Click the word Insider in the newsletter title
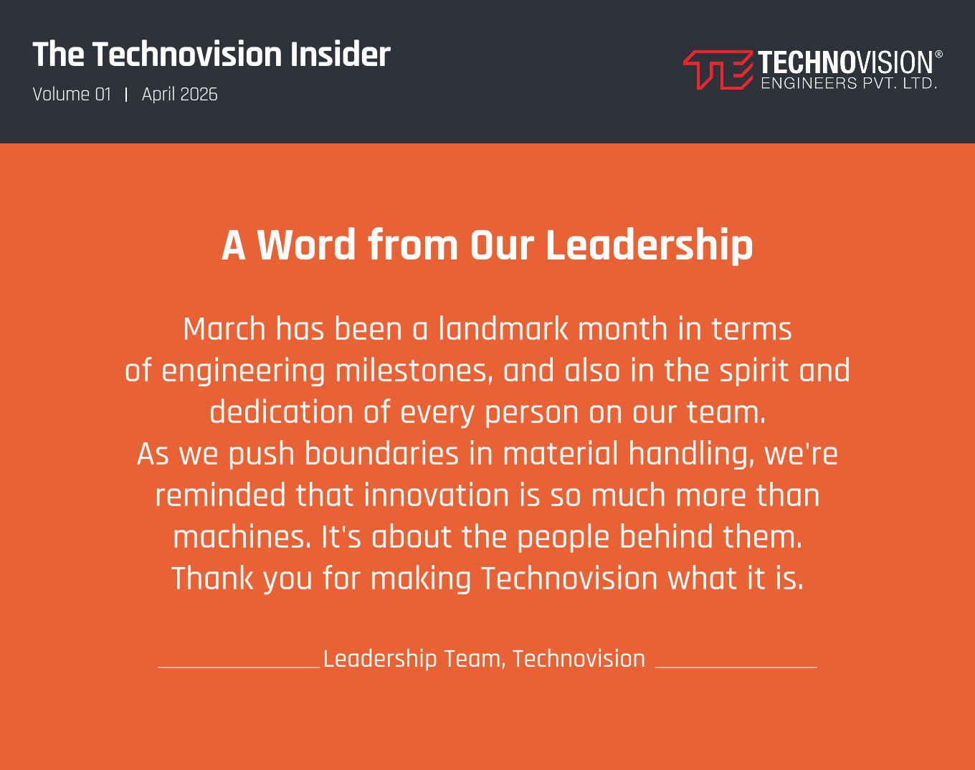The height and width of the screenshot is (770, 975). pyautogui.click(x=341, y=54)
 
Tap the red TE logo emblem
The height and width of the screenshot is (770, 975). pyautogui.click(x=718, y=70)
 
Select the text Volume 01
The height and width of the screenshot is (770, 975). pyautogui.click(x=72, y=94)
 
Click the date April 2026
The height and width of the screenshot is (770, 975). pyautogui.click(x=179, y=94)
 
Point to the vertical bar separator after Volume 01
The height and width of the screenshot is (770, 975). pyautogui.click(x=126, y=95)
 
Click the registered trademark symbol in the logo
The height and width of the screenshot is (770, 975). pyautogui.click(x=938, y=54)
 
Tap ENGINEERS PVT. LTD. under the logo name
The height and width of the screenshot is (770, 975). pyautogui.click(x=849, y=83)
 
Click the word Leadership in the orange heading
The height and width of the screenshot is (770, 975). pyautogui.click(x=650, y=246)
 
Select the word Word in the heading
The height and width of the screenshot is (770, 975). pyautogui.click(x=306, y=245)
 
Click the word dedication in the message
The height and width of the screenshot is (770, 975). pyautogui.click(x=281, y=412)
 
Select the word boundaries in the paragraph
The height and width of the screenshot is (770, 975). pyautogui.click(x=381, y=454)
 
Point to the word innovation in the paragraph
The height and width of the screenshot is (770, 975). pyautogui.click(x=437, y=495)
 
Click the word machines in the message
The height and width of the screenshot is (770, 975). pyautogui.click(x=242, y=537)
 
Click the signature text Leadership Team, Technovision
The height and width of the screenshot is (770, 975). pyautogui.click(x=484, y=659)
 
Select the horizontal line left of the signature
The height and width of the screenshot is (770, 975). pyautogui.click(x=239, y=667)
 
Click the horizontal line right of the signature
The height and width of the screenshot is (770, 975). pyautogui.click(x=736, y=667)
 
